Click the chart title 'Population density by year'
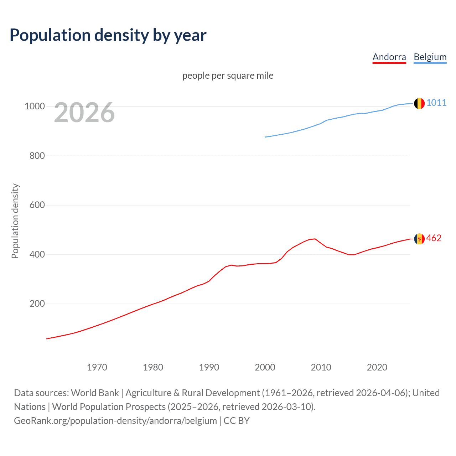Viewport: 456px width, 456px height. click(x=108, y=35)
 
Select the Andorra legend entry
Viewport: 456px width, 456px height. click(x=389, y=57)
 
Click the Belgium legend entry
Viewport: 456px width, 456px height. click(x=430, y=57)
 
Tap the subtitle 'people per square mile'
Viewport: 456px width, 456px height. click(x=228, y=76)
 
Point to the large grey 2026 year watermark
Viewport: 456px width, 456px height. click(x=84, y=113)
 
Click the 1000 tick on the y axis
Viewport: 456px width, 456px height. click(x=35, y=107)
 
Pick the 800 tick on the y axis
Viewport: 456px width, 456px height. click(x=37, y=156)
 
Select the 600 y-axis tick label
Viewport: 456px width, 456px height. click(x=37, y=205)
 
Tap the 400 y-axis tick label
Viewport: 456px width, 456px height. click(x=37, y=254)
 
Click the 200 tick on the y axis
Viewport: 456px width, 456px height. click(x=37, y=304)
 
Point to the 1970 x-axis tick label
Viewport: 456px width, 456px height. click(x=97, y=367)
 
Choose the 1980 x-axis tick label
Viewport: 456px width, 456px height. click(x=153, y=367)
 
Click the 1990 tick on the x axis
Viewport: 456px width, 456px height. click(x=209, y=367)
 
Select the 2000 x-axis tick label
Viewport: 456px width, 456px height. click(x=265, y=367)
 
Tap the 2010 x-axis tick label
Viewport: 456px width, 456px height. click(x=321, y=367)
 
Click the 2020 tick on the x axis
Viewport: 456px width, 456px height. click(x=377, y=367)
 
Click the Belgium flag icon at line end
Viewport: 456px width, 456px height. click(x=419, y=103)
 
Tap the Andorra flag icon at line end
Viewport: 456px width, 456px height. click(x=419, y=239)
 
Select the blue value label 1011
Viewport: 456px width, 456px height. click(x=436, y=103)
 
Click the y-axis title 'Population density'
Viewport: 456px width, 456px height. click(x=15, y=221)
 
